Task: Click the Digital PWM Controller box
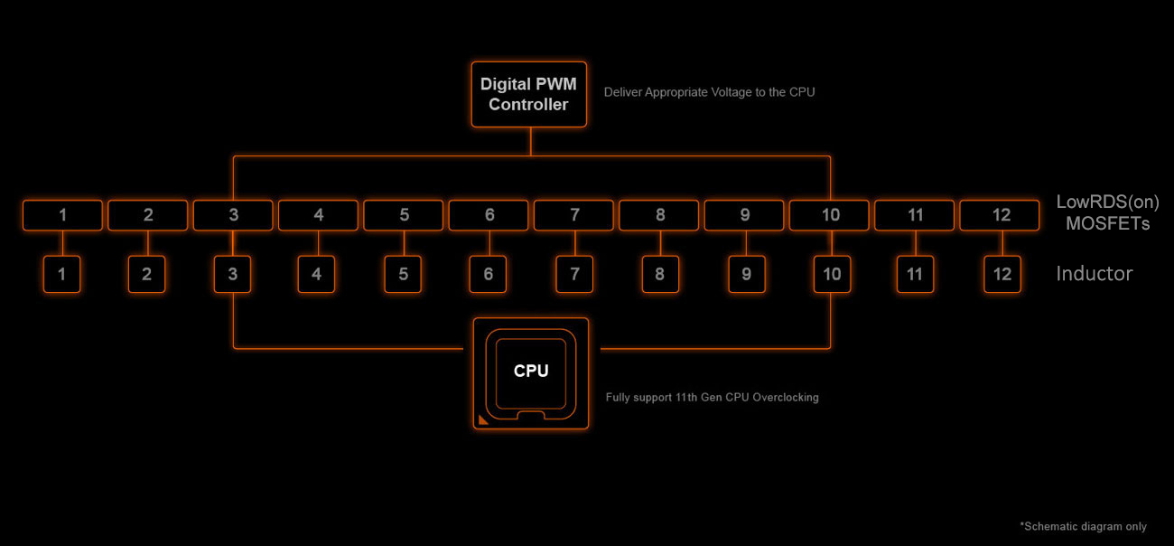tap(529, 94)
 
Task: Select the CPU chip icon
tap(531, 372)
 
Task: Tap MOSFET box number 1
tap(62, 215)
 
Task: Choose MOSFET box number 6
tap(489, 215)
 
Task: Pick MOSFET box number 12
tap(1001, 215)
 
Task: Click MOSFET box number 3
tap(233, 215)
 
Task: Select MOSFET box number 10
tap(830, 215)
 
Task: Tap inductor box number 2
tap(147, 274)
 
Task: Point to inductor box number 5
tap(404, 274)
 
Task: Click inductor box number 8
tap(660, 274)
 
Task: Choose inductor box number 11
tap(916, 274)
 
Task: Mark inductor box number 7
tap(574, 274)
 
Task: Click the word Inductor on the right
tap(1094, 273)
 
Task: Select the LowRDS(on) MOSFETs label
tap(1107, 212)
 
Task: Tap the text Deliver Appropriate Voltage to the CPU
tap(709, 92)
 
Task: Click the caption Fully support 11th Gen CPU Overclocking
tap(712, 398)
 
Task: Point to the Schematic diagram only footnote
tap(1083, 526)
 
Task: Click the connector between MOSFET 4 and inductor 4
tap(318, 243)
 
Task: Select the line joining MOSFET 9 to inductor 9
tap(745, 243)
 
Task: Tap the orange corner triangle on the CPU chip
tap(483, 419)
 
